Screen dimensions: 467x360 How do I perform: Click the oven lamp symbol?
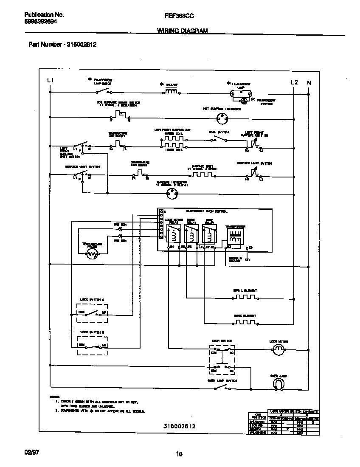[277, 383]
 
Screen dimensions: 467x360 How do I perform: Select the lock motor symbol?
[277, 350]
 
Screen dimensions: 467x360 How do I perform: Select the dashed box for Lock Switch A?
[93, 314]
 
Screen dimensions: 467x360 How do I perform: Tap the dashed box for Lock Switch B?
[93, 346]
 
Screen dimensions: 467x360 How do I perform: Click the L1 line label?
[50, 81]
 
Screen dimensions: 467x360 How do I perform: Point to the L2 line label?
[294, 82]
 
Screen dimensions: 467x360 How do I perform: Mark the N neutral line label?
[309, 82]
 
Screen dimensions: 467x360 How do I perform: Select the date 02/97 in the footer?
[32, 453]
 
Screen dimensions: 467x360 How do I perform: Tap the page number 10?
[179, 454]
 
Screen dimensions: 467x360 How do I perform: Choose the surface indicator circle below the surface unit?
[172, 194]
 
